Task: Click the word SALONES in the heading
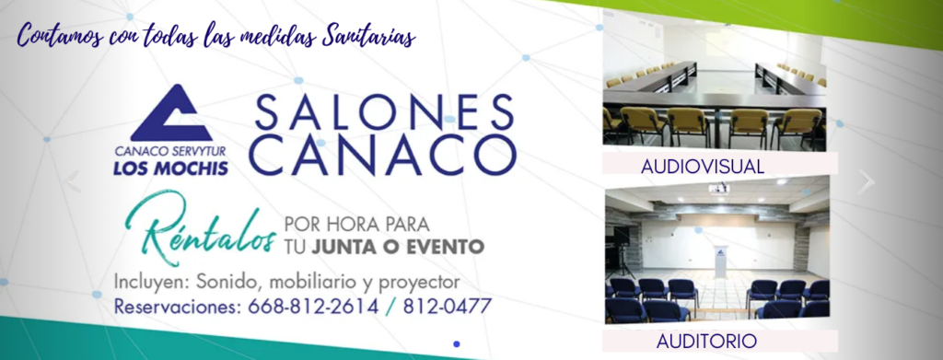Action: pos(385,113)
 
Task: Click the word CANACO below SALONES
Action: pos(383,155)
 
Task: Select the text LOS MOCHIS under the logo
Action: pos(170,168)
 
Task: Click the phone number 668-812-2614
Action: pos(313,307)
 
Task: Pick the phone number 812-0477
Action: pos(447,307)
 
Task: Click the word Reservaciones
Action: pos(178,308)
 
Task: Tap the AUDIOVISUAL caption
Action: pos(703,167)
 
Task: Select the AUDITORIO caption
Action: pos(706,342)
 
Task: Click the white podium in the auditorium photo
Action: pos(720,261)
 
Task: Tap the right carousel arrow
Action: pos(866,181)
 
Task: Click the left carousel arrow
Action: pos(73,181)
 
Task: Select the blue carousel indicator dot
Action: pos(457,343)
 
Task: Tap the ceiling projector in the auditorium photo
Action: pos(719,189)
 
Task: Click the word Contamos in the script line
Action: pos(58,37)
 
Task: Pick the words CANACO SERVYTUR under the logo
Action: pos(170,153)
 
